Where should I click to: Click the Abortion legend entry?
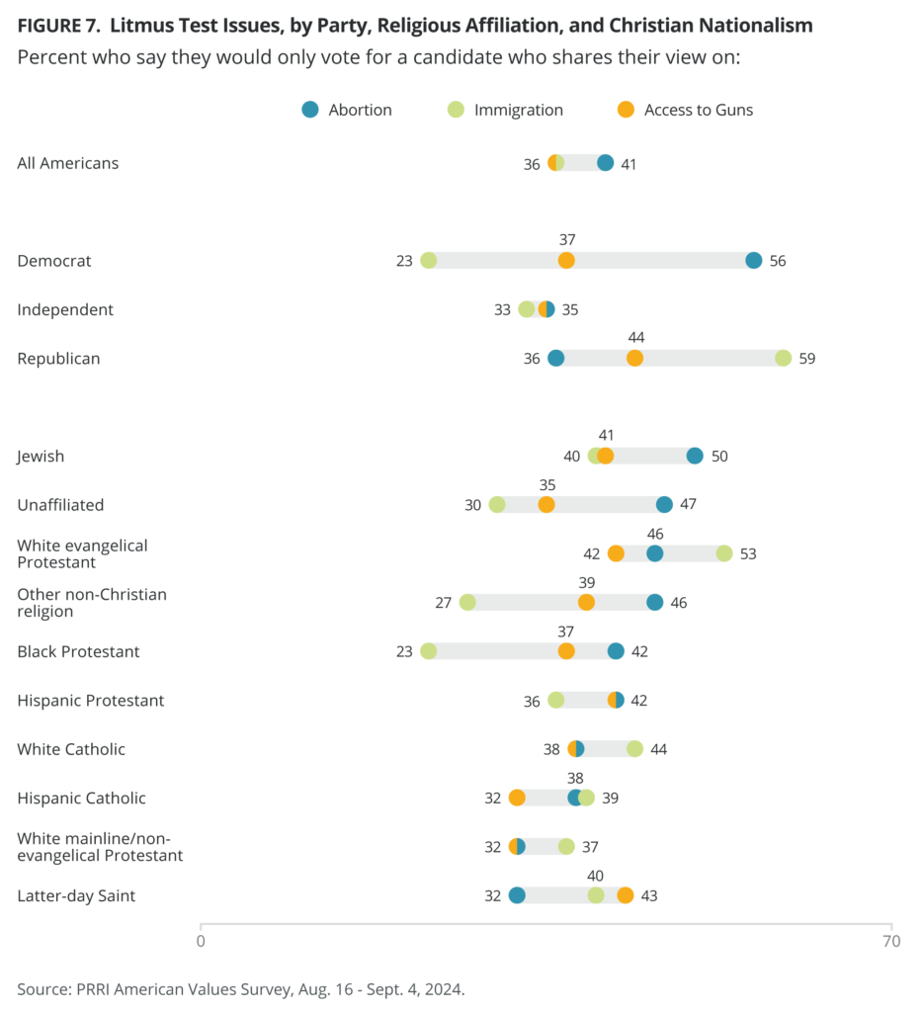pyautogui.click(x=347, y=110)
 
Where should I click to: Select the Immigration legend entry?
pyautogui.click(x=506, y=110)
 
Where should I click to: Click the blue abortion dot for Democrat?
pyautogui.click(x=754, y=261)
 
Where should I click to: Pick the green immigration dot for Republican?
pyautogui.click(x=784, y=358)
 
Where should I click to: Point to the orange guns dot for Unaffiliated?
pyautogui.click(x=546, y=504)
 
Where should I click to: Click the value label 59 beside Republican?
pyautogui.click(x=807, y=359)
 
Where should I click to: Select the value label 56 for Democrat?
pyautogui.click(x=778, y=261)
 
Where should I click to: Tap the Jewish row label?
pyautogui.click(x=41, y=456)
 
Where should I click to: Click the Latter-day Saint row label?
pyautogui.click(x=76, y=895)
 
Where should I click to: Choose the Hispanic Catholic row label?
pyautogui.click(x=81, y=798)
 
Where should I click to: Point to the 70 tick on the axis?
pyautogui.click(x=890, y=941)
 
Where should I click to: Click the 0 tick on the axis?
pyautogui.click(x=201, y=941)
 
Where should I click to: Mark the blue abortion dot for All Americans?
pyautogui.click(x=606, y=163)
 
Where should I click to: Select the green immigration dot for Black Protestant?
pyautogui.click(x=428, y=651)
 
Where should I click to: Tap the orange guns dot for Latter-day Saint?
pyautogui.click(x=626, y=895)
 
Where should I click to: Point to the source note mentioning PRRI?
pyautogui.click(x=240, y=988)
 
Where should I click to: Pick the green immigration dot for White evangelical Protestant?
pyautogui.click(x=724, y=553)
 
